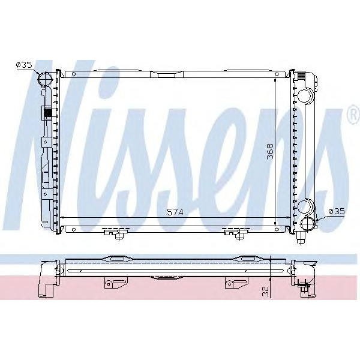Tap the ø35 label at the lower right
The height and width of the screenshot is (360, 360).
pos(337,211)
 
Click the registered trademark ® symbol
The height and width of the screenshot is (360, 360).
pos(352,114)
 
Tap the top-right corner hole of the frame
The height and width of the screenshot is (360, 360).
pos(277,74)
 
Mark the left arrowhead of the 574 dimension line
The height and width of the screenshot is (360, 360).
pos(64,218)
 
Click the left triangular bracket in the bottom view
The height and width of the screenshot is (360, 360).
pos(111,283)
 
